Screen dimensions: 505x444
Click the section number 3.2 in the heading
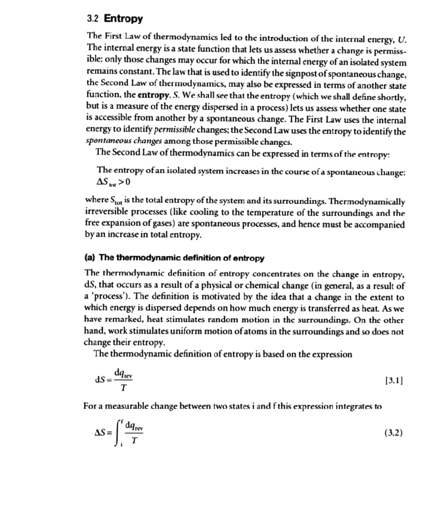(x=92, y=19)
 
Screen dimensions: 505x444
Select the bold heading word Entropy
(x=123, y=19)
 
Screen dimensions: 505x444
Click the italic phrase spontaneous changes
(x=124, y=141)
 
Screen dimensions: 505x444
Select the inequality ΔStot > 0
(x=113, y=182)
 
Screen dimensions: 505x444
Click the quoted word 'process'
(x=108, y=297)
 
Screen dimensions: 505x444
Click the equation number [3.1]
(x=394, y=380)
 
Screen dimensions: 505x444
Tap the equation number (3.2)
(x=393, y=433)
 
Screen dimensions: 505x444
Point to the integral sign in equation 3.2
(x=118, y=433)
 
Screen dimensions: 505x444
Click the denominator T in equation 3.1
(x=123, y=388)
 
